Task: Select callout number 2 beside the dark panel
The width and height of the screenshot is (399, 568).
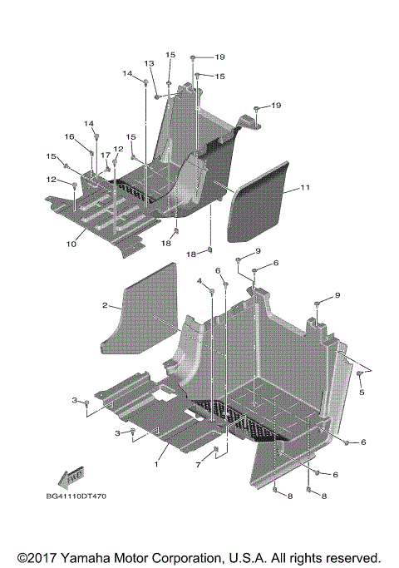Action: pos(106,306)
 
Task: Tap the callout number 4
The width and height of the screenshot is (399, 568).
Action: pos(199,282)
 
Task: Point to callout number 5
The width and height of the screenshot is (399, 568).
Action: pos(361,393)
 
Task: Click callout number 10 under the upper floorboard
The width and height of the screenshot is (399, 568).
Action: pos(71,244)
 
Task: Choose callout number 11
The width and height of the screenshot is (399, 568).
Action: pos(306,189)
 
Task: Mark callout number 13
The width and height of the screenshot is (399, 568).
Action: pos(150,64)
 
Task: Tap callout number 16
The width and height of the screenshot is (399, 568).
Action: pos(71,136)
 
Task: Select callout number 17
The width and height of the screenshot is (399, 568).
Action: pos(106,156)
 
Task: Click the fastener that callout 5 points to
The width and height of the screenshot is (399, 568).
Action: pos(359,375)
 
